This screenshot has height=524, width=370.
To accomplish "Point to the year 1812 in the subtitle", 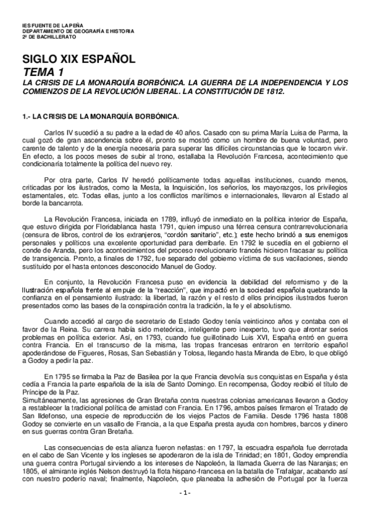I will [x=272, y=91].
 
